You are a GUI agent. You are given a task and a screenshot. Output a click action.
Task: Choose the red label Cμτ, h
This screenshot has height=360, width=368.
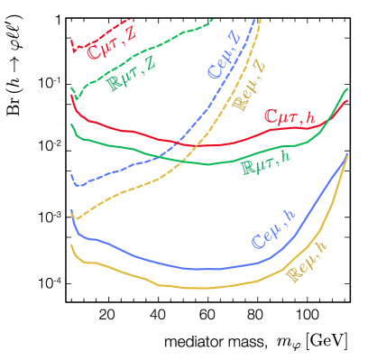coord(289,116)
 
